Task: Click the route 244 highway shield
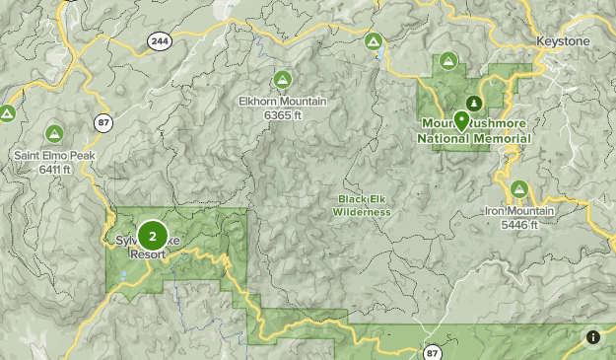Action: point(159,40)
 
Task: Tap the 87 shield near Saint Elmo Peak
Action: point(103,121)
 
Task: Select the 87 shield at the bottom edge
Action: point(433,351)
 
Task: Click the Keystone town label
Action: point(562,41)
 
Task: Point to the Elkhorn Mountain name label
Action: point(282,101)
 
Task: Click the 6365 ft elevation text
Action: point(282,114)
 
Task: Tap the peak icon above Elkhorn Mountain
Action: point(282,79)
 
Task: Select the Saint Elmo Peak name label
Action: point(53,156)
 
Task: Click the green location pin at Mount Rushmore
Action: point(461,120)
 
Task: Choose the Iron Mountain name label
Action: point(518,211)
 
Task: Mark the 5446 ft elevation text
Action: point(518,225)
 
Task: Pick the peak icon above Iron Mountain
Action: point(518,189)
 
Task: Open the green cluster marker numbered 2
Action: point(152,236)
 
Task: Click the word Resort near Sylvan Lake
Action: point(148,253)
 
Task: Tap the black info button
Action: point(593,337)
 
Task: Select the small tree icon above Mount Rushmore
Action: point(474,103)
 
